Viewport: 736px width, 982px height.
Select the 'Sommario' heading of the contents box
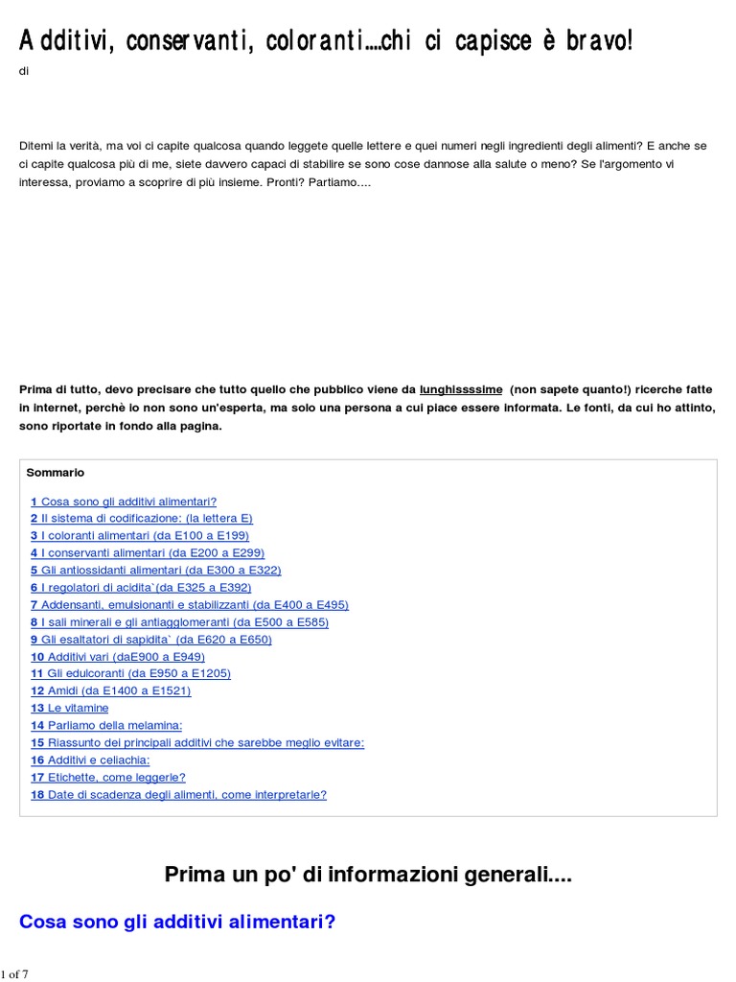click(x=56, y=473)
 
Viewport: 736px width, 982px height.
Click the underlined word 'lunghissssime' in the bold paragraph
click(x=461, y=390)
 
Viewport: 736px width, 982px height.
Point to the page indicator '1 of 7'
click(x=14, y=974)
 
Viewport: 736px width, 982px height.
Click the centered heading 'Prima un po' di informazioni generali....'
click(x=368, y=875)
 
